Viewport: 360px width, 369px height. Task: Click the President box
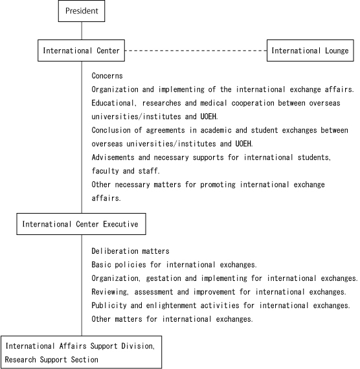(82, 11)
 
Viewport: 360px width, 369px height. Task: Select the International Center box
(81, 50)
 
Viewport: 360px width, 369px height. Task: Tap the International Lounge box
(310, 50)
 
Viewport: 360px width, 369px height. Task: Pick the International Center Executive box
(81, 224)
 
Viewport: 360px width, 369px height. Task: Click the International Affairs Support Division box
(81, 352)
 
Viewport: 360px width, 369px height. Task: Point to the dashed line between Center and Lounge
(196, 50)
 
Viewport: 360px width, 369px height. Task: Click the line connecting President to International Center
(82, 31)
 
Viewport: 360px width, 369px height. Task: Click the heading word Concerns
(107, 76)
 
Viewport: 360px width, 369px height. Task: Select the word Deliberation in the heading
(115, 251)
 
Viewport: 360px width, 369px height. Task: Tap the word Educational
(113, 103)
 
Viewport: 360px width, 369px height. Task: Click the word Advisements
(113, 157)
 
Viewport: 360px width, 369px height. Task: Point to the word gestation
(163, 278)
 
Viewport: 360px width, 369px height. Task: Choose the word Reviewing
(109, 292)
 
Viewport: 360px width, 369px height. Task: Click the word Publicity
(109, 306)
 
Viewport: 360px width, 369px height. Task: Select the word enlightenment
(171, 306)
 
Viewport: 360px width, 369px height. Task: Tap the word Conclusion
(111, 130)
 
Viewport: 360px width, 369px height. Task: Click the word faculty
(105, 171)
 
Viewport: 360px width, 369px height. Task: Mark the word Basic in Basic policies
(101, 265)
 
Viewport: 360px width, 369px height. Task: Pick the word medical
(214, 103)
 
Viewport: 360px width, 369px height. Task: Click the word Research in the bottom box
(20, 359)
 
